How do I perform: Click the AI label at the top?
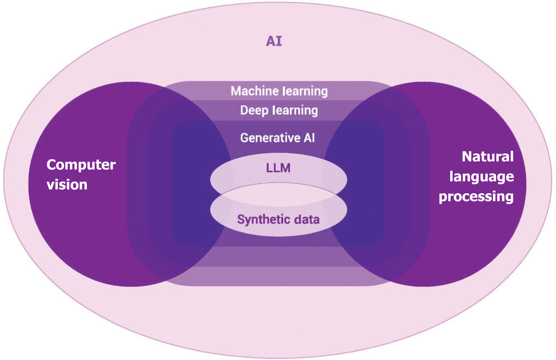274,41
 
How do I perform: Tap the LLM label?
278,168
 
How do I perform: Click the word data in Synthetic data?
307,220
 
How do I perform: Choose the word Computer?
81,165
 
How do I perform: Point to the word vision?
67,185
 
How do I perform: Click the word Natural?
488,157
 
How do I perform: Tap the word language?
482,177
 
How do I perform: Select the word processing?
476,197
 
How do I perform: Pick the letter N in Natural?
467,157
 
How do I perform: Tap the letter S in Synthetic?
241,219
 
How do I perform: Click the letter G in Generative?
244,138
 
